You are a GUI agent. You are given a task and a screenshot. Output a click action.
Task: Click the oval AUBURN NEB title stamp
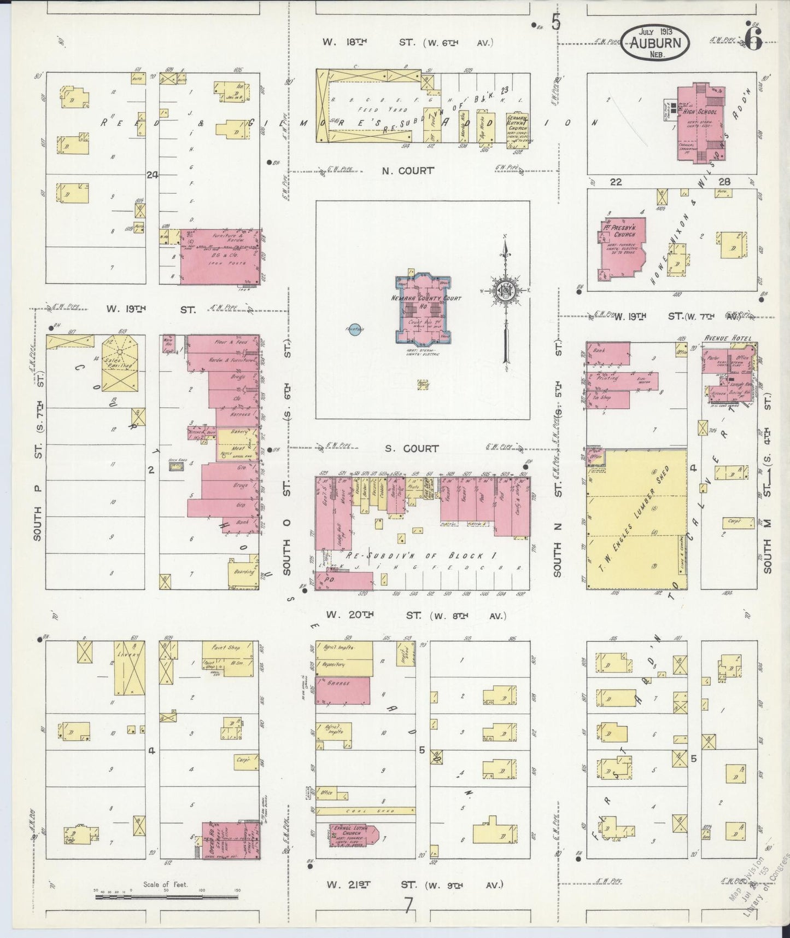click(654, 42)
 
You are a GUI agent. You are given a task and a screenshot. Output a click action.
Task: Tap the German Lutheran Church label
click(517, 123)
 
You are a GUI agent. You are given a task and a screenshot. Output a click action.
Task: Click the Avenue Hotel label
click(727, 338)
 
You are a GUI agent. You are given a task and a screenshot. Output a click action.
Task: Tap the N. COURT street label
click(408, 171)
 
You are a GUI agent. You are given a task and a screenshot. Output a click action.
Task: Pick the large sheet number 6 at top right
click(754, 41)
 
